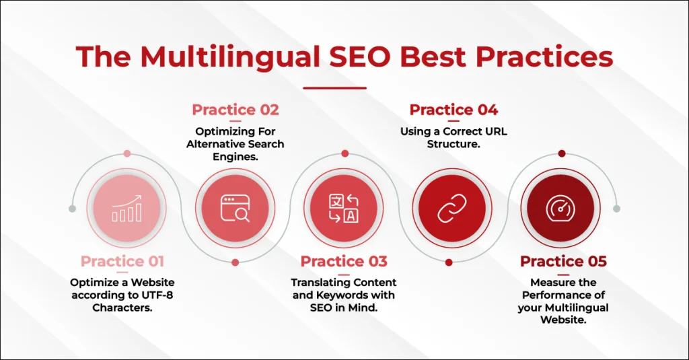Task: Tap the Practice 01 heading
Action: (x=122, y=261)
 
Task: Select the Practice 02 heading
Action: (x=235, y=110)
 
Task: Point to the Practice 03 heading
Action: (x=344, y=261)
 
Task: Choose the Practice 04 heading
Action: (x=454, y=110)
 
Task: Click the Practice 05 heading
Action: (x=563, y=261)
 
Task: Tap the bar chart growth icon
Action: (x=127, y=209)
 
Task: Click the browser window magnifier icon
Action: (x=235, y=209)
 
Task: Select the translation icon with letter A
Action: (x=344, y=209)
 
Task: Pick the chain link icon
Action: (x=452, y=209)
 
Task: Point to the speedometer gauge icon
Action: (x=560, y=209)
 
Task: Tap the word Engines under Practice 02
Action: (x=235, y=157)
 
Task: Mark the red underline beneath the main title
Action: (x=335, y=88)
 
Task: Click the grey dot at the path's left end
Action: (x=73, y=209)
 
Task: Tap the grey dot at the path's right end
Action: (x=616, y=209)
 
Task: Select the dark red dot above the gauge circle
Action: (x=562, y=153)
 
